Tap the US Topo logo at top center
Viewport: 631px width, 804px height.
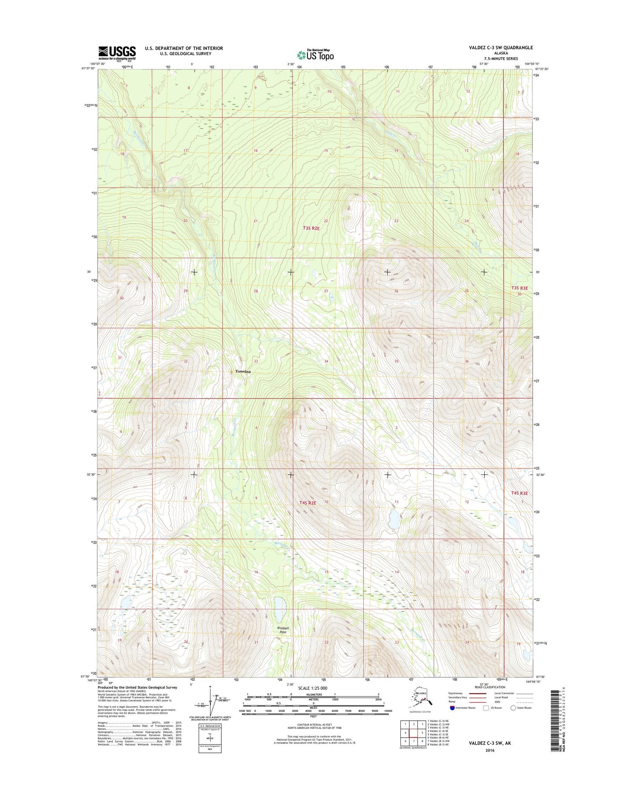pyautogui.click(x=315, y=55)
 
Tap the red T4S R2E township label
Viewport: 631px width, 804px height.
pyautogui.click(x=307, y=503)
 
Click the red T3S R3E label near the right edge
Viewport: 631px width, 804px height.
pyautogui.click(x=520, y=288)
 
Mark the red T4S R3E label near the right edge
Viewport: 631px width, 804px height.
pyautogui.click(x=520, y=493)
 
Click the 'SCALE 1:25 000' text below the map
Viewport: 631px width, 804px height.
pyautogui.click(x=313, y=688)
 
